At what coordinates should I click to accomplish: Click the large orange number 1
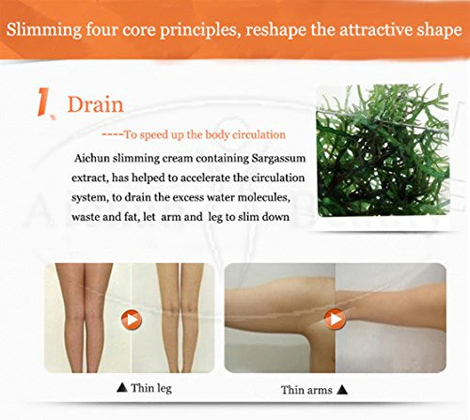tap(43, 103)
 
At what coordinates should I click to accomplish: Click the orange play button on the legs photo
tap(131, 319)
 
